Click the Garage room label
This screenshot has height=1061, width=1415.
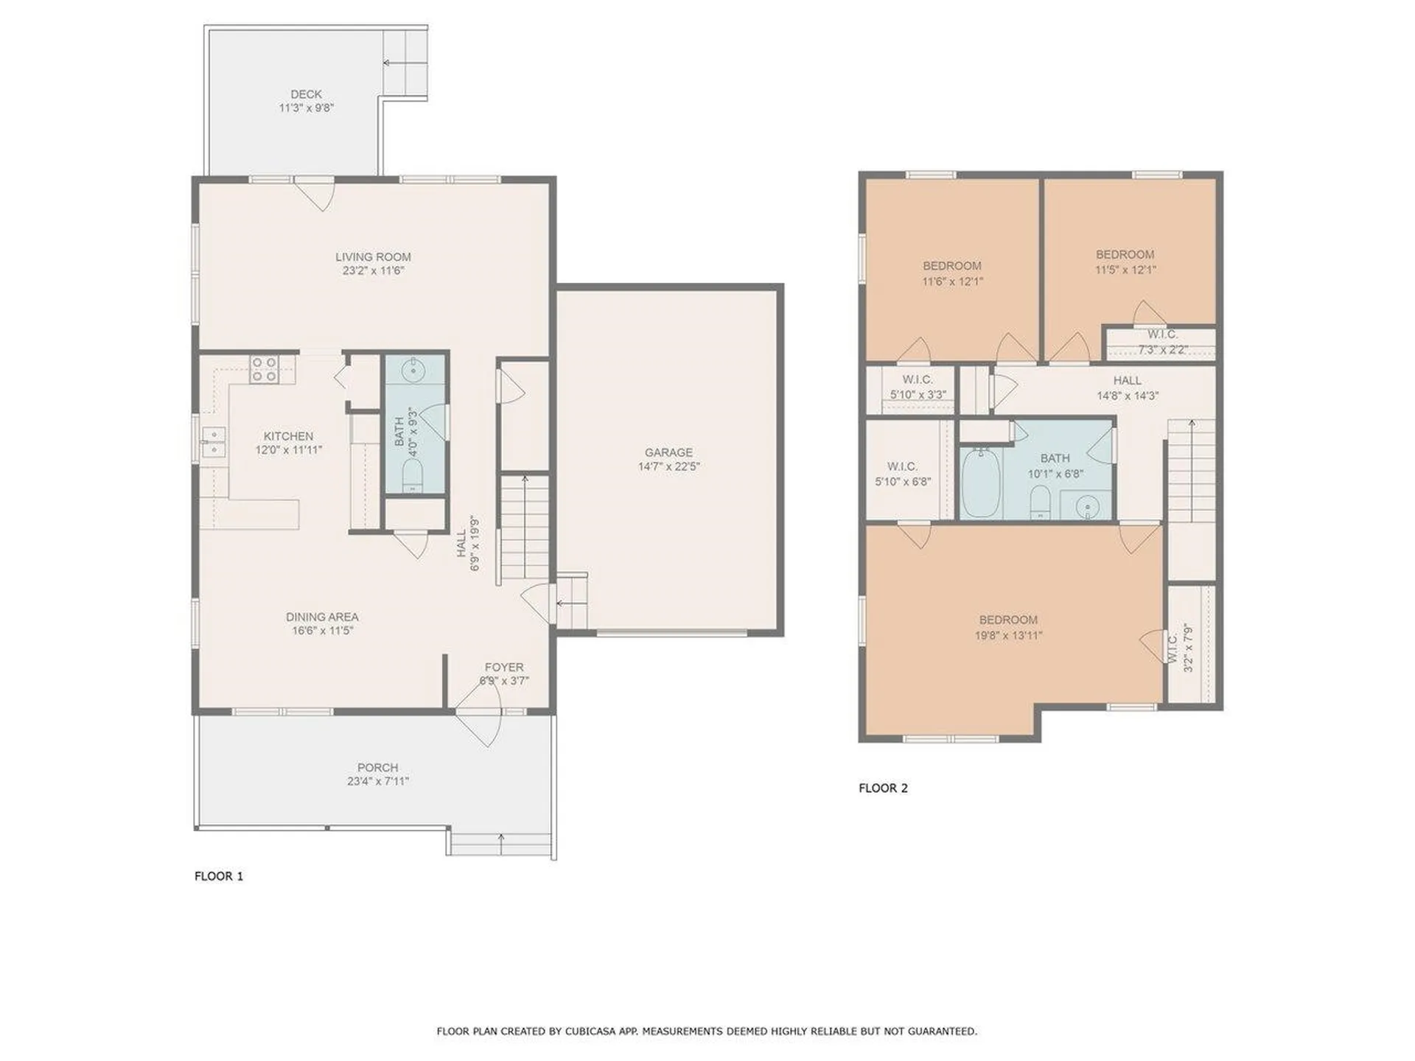coord(668,452)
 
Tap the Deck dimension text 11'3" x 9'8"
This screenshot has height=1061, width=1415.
coord(306,108)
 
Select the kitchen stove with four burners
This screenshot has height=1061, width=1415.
coord(264,369)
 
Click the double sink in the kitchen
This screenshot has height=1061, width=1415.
coord(214,442)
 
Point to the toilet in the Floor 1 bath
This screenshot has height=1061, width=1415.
coord(413,476)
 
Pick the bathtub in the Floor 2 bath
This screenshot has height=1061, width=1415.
coord(981,483)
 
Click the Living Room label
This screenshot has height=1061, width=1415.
coord(373,257)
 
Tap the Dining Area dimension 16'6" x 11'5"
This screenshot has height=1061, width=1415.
coord(323,631)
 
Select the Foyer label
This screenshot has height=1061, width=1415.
coord(504,668)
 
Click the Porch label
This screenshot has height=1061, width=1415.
coord(377,768)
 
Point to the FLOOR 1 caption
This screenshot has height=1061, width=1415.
coord(219,876)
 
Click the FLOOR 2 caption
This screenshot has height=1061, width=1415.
coord(883,788)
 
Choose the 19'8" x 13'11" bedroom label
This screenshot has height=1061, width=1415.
coord(1008,635)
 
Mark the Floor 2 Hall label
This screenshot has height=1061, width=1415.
coord(1127,380)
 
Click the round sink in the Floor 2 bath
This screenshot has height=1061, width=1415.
coord(1087,507)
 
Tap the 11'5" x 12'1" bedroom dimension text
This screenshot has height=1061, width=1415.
coord(1125,270)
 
